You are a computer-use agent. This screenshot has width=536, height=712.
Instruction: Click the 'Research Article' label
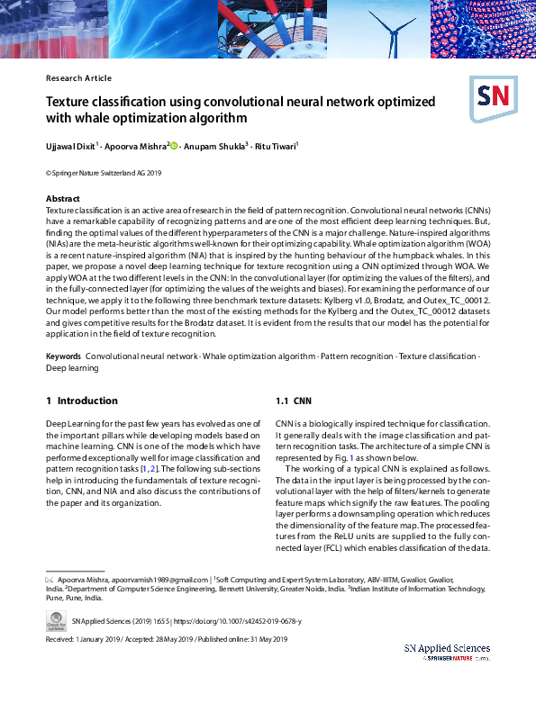point(78,78)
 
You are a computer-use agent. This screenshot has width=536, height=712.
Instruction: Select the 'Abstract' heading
point(63,198)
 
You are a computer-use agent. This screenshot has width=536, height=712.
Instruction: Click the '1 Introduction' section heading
point(81,401)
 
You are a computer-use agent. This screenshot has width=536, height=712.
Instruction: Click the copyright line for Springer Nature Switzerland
point(103,172)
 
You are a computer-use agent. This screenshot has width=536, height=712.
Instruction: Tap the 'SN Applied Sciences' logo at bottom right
point(446,652)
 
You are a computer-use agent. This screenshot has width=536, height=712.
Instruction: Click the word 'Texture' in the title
point(73,102)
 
